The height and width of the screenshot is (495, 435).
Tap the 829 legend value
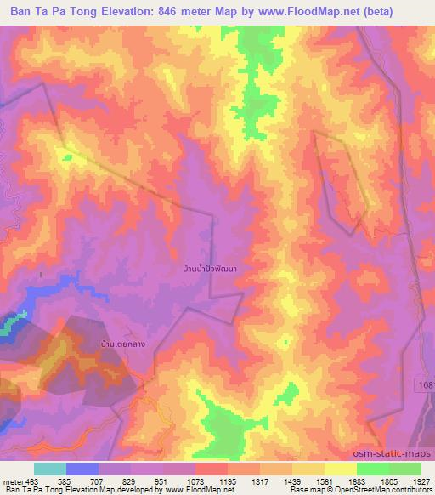click(x=128, y=481)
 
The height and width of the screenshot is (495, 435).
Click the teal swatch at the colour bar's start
click(x=50, y=469)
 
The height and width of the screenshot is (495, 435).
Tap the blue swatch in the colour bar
click(x=82, y=469)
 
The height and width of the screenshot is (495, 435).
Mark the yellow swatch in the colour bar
click(x=340, y=469)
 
